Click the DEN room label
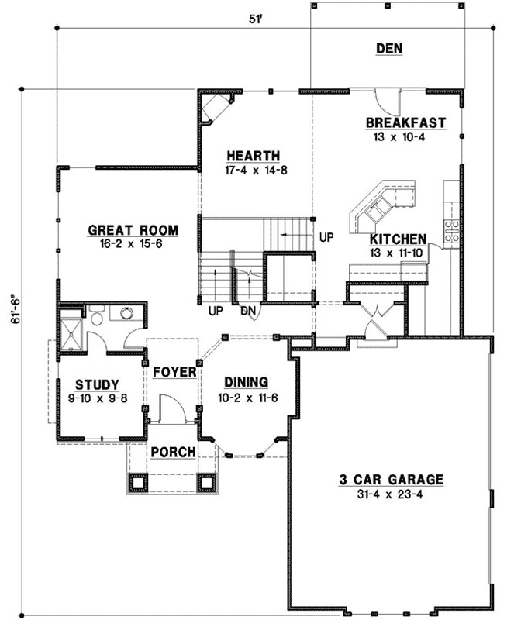tap(388, 49)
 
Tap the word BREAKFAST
tap(405, 122)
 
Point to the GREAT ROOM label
tap(133, 230)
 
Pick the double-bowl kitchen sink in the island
tap(381, 207)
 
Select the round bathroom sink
tap(122, 313)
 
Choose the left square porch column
tap(137, 482)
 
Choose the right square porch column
tap(205, 482)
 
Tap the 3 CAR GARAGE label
tap(392, 480)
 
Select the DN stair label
tap(249, 311)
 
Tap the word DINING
tap(246, 381)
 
